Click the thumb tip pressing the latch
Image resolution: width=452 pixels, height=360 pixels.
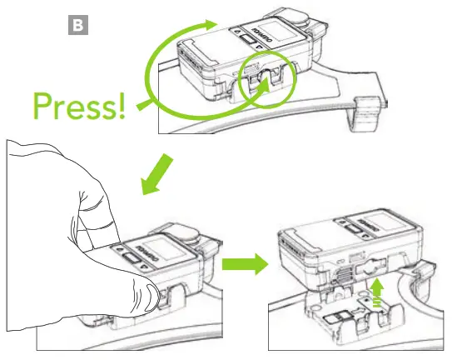pyautogui.click(x=147, y=293)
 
